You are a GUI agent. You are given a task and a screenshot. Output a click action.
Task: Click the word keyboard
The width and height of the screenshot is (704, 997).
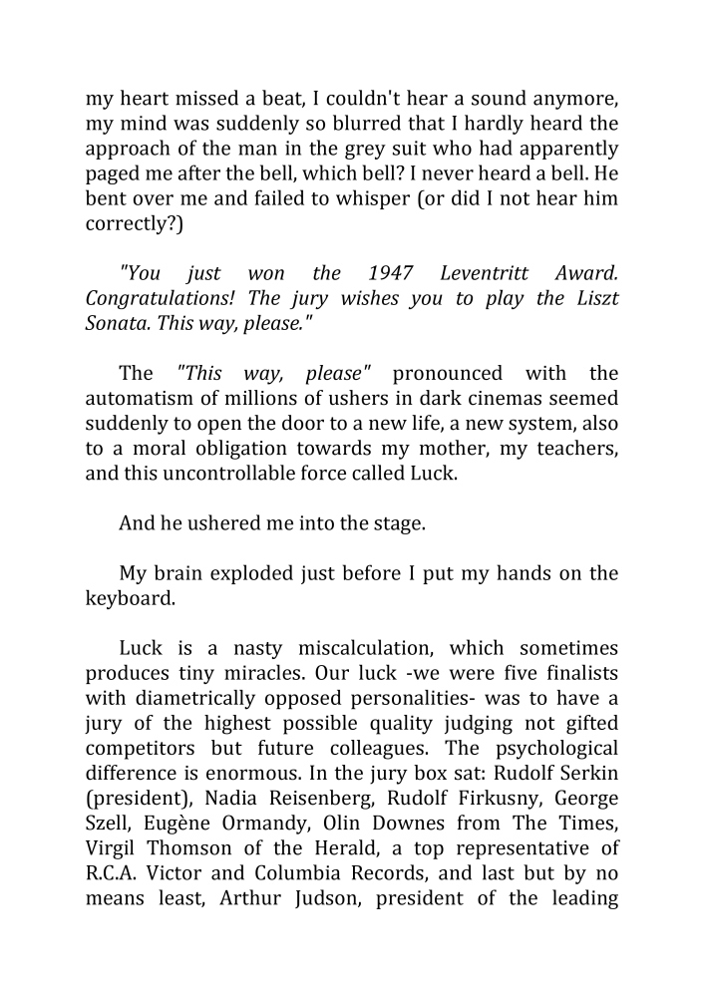point(130,598)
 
